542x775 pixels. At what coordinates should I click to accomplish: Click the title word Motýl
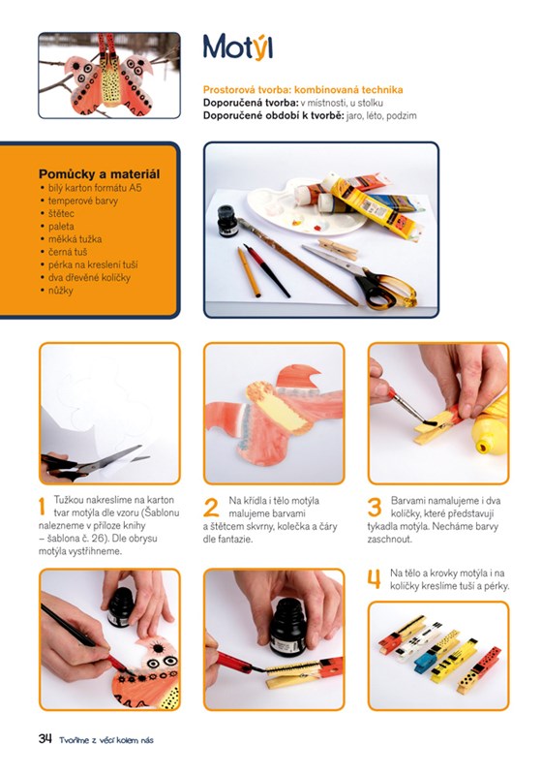click(x=237, y=47)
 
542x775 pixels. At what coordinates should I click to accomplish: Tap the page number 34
click(x=45, y=738)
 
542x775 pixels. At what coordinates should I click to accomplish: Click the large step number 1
click(x=42, y=506)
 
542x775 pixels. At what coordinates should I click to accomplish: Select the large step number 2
click(x=211, y=507)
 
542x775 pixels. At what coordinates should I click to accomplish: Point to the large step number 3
click(x=375, y=507)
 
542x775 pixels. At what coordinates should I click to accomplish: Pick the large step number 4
click(x=375, y=578)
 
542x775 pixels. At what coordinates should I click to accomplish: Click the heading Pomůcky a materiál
click(x=100, y=174)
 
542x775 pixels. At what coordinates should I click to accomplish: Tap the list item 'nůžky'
click(x=60, y=291)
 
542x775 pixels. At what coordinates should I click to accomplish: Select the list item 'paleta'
click(x=61, y=227)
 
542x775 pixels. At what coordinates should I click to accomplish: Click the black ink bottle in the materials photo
click(x=227, y=221)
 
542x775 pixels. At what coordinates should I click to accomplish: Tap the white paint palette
click(x=307, y=205)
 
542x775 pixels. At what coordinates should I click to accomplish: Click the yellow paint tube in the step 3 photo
click(x=490, y=425)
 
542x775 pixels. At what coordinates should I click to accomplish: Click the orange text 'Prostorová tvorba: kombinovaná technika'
click(x=303, y=89)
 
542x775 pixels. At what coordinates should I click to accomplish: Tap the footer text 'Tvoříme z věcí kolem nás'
click(x=106, y=740)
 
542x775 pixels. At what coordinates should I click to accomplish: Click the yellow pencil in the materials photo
click(x=249, y=272)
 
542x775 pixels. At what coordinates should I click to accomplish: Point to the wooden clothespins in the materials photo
click(x=339, y=249)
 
